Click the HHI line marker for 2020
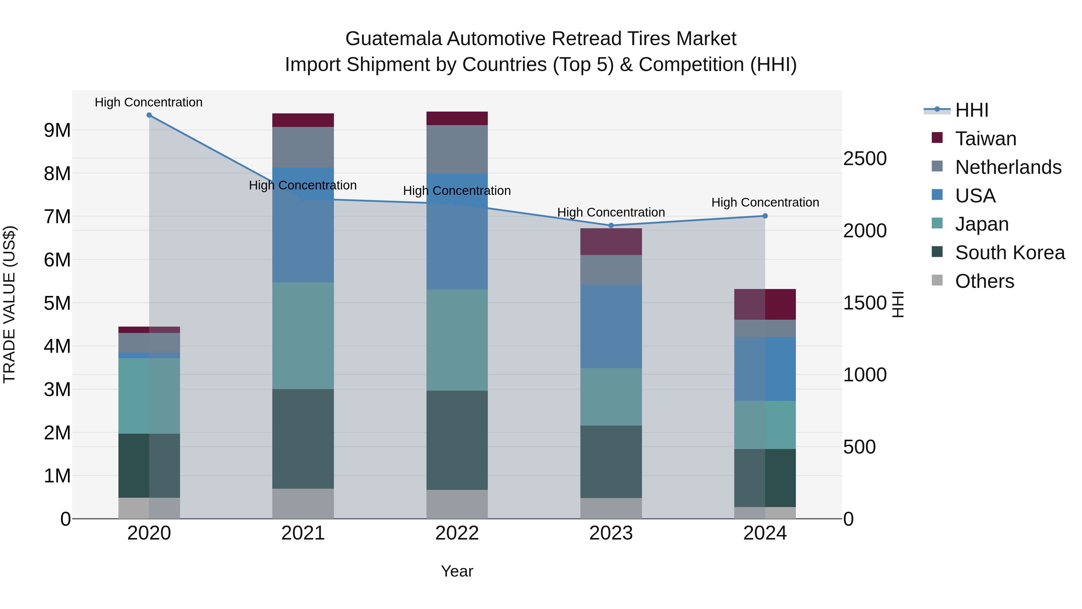point(149,115)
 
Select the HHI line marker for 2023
point(611,226)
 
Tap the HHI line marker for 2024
point(765,216)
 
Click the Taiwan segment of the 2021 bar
point(303,120)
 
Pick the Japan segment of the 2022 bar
point(457,340)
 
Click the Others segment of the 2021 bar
point(303,503)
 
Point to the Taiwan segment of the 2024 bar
point(765,304)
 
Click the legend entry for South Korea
point(1010,253)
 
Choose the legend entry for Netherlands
point(1008,167)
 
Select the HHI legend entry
point(971,110)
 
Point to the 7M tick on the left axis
point(57,217)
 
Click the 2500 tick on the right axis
point(865,159)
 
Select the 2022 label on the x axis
point(457,533)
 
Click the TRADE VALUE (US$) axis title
point(9,304)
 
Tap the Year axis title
point(457,571)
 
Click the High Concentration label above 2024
point(765,203)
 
